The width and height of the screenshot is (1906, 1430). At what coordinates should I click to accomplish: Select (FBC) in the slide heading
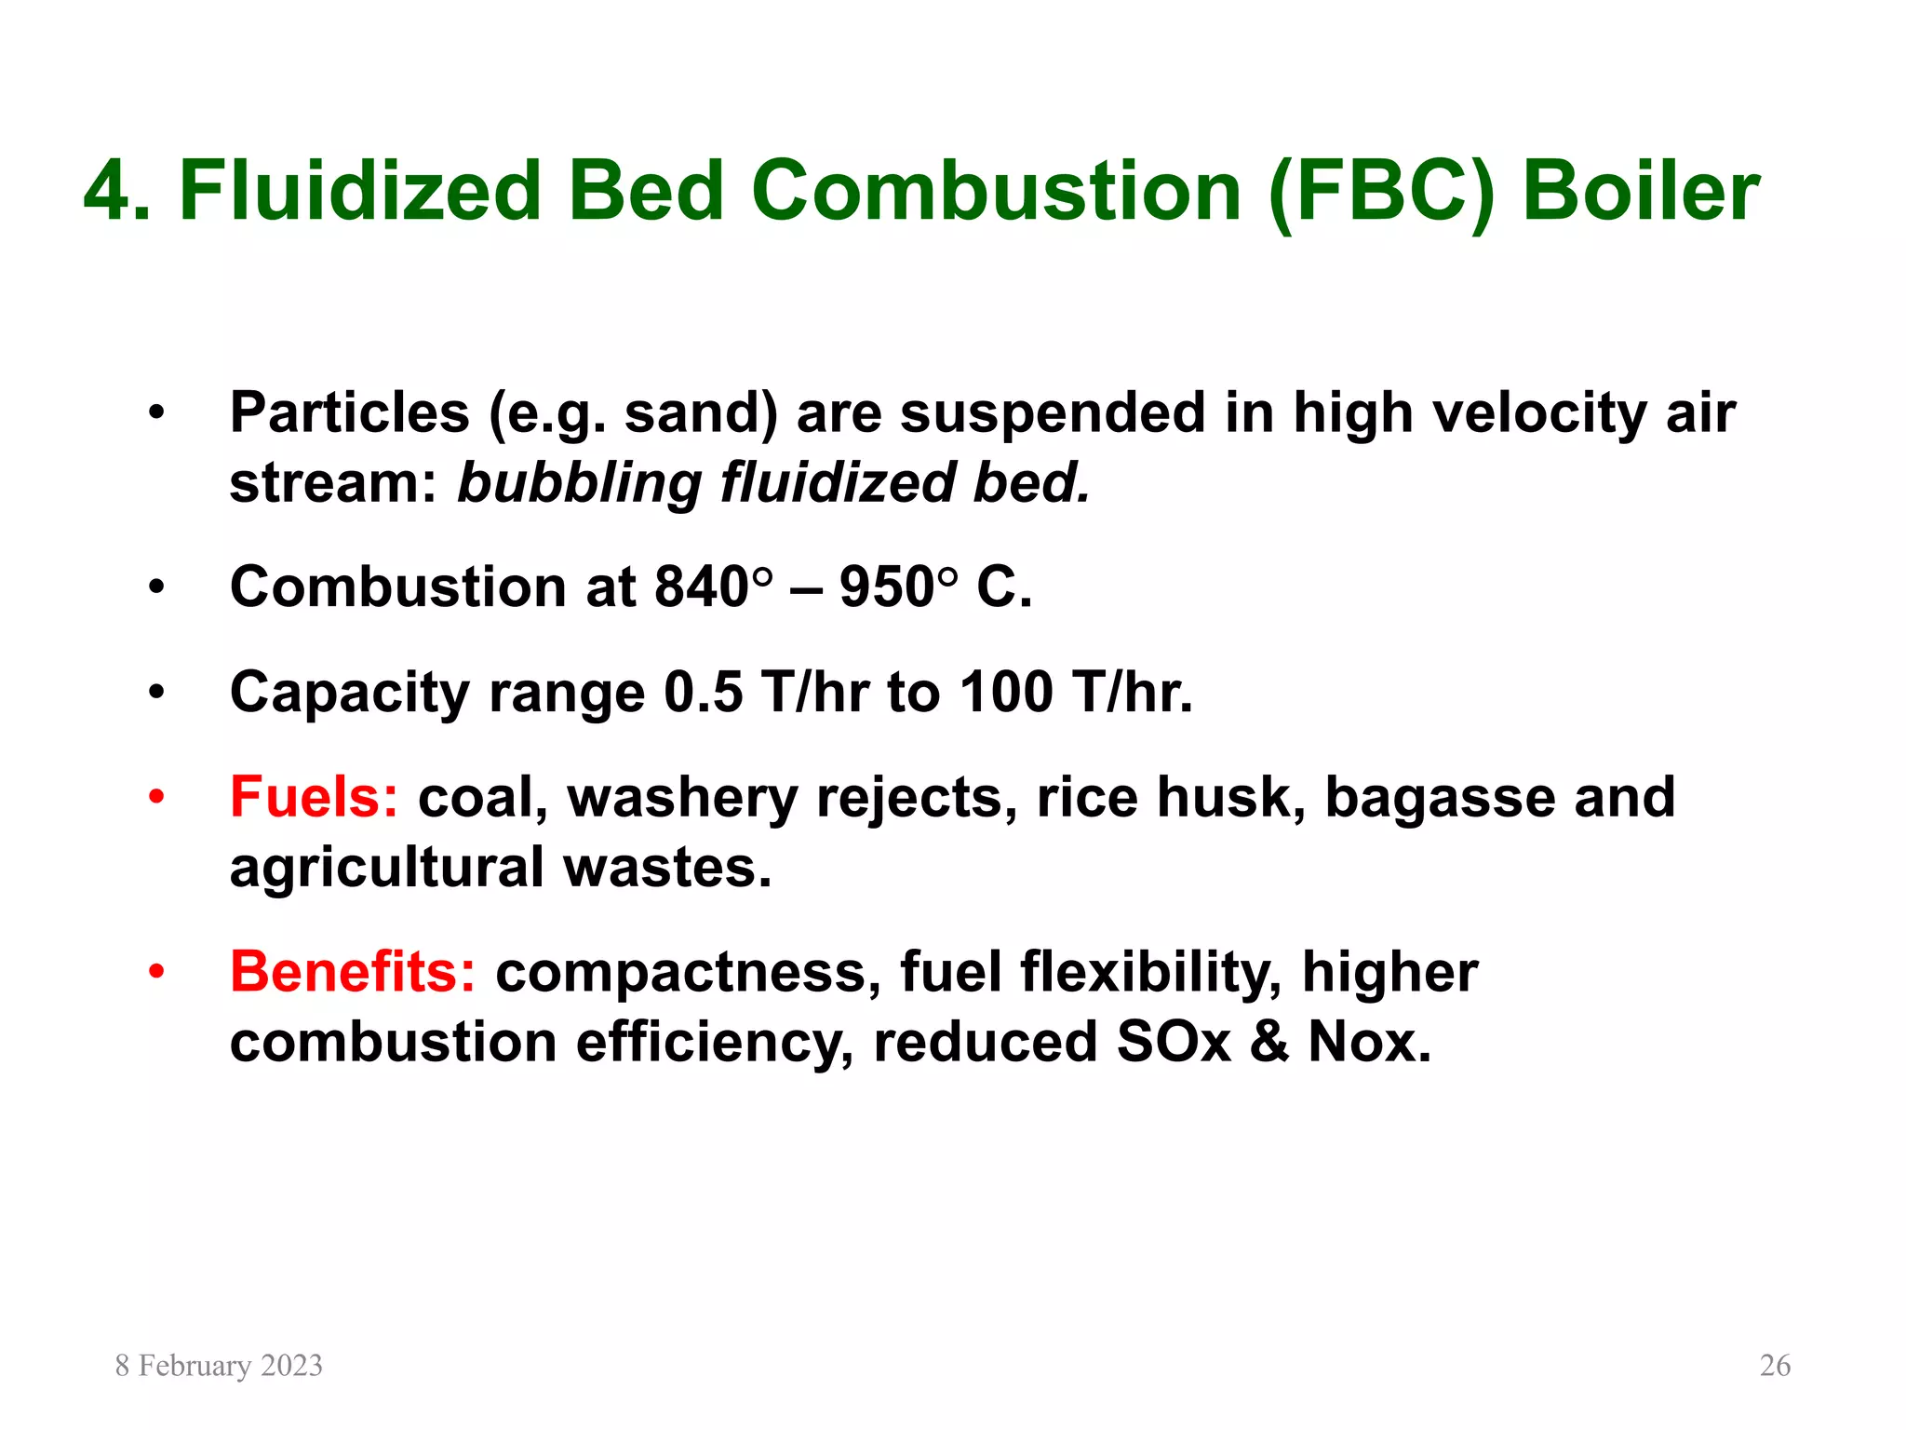(x=1381, y=193)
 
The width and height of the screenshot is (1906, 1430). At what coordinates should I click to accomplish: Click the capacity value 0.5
(x=703, y=693)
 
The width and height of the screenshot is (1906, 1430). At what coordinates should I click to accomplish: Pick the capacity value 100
(x=1006, y=693)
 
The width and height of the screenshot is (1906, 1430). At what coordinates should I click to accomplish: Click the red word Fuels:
(x=314, y=798)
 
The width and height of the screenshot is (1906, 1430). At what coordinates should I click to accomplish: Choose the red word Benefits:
(x=353, y=972)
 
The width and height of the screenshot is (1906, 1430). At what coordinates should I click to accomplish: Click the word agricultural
(x=386, y=868)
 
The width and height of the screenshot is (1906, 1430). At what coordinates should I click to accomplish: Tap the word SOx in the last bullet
(x=1174, y=1042)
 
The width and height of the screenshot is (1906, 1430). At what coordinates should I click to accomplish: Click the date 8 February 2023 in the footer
(x=219, y=1366)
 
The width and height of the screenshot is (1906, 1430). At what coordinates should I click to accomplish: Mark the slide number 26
(x=1775, y=1366)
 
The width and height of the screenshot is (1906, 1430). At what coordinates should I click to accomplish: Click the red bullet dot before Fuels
(x=156, y=798)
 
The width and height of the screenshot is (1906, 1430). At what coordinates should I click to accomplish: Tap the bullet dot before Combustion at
(x=156, y=587)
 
